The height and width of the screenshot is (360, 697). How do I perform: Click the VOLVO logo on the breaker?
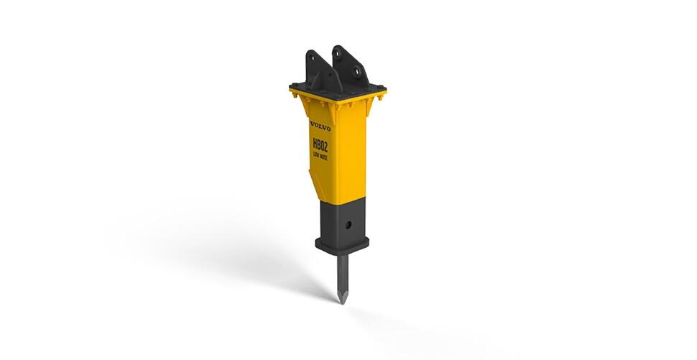coord(320,126)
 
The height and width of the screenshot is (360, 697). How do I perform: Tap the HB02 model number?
coord(320,145)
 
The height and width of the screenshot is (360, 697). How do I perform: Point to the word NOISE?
coord(324,157)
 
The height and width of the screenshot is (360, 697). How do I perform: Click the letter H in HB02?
coord(315,143)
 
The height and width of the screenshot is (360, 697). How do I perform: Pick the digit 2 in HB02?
coord(326,147)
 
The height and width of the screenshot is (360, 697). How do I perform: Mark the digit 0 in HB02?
coord(322,146)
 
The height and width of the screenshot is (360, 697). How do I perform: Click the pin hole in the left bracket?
coord(313,59)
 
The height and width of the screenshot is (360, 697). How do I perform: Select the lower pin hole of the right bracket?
coord(356,71)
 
